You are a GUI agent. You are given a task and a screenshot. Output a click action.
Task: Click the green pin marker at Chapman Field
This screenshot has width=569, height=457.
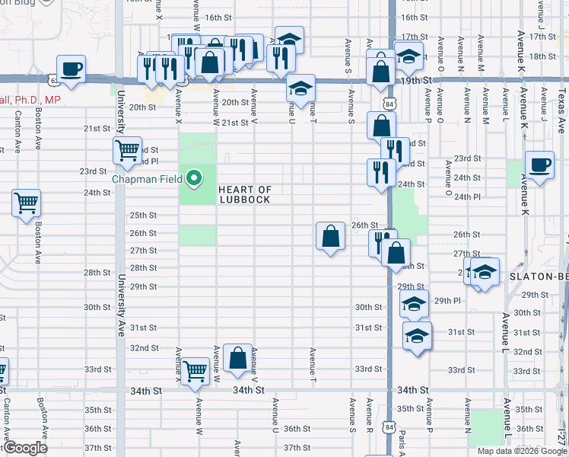[x=194, y=179]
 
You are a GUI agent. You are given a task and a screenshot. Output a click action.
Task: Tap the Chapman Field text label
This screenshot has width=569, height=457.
[x=148, y=180]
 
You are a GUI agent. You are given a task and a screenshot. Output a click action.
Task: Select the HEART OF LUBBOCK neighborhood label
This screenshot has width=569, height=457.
[x=245, y=194]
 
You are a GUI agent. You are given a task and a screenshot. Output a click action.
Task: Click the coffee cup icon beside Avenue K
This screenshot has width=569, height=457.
[x=539, y=165]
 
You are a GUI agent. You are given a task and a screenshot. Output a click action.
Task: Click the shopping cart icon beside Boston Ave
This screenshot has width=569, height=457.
[x=27, y=203]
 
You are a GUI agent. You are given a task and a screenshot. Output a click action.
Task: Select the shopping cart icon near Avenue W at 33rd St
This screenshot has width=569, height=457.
[x=195, y=371]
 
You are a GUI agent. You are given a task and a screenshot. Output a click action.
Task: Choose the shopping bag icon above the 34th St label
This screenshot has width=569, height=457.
[x=237, y=358]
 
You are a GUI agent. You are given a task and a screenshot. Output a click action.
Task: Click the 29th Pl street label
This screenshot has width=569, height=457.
[x=448, y=301]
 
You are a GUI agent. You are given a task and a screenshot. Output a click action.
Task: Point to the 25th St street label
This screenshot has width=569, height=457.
[x=143, y=216]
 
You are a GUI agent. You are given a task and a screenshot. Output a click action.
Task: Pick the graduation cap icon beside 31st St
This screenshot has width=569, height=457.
[x=417, y=335]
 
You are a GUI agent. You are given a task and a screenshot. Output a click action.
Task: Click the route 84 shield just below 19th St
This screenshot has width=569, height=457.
[x=389, y=103]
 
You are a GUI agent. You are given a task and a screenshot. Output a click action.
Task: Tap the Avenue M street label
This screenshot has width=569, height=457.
[x=484, y=104]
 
